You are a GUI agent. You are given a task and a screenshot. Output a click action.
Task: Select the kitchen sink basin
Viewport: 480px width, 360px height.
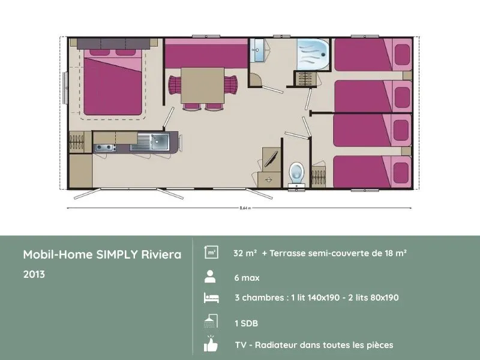(x=159, y=142)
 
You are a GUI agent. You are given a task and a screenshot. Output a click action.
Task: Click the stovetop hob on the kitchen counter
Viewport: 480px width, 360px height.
(x=104, y=147)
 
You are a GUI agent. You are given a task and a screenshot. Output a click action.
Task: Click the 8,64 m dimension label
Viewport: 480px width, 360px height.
(x=245, y=208)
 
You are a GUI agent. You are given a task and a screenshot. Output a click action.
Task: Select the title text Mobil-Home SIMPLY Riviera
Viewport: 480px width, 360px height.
(x=102, y=254)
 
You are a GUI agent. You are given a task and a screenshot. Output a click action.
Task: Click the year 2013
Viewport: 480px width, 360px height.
(x=34, y=274)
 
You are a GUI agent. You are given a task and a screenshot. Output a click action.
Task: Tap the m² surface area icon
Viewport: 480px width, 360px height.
(x=211, y=253)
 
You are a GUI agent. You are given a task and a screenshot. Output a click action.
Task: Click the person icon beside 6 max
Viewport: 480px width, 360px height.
(x=210, y=277)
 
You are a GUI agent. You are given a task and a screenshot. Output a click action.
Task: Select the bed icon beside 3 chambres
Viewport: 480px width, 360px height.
(x=210, y=298)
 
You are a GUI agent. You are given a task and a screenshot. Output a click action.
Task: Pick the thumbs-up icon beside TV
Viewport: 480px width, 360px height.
(x=210, y=344)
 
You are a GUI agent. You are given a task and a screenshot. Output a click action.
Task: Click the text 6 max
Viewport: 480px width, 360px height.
(x=247, y=278)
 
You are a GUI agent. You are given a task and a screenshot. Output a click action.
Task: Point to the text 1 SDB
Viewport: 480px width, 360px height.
(x=246, y=323)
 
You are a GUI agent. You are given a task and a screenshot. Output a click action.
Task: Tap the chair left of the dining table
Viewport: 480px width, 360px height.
(x=174, y=85)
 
